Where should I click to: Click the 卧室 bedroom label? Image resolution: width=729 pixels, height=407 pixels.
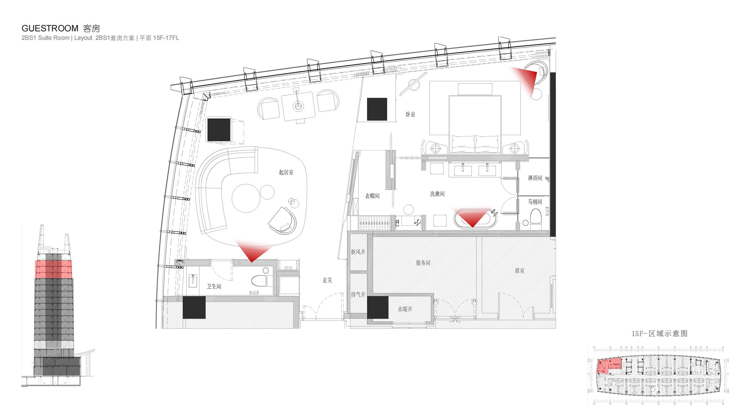tap(410, 115)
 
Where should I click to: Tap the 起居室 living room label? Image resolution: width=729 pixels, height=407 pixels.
tap(286, 172)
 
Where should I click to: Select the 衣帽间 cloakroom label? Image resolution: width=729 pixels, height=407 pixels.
tap(372, 196)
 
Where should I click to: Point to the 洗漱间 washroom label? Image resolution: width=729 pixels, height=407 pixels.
tap(437, 194)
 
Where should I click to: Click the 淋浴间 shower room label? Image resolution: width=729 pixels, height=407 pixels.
tap(535, 178)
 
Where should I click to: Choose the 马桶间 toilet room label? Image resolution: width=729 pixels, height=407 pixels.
tap(535, 202)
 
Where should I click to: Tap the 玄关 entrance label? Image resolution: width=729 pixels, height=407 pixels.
tap(327, 280)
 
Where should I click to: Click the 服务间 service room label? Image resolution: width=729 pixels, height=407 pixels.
tap(423, 263)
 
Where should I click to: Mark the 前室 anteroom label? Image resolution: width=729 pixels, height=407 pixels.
tap(519, 271)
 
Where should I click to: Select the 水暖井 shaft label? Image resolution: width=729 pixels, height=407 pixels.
tap(405, 309)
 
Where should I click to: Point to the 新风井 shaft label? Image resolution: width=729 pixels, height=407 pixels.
tap(358, 252)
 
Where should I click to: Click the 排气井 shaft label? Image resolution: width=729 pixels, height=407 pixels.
tap(358, 294)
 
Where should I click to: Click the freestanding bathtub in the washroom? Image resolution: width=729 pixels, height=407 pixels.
tap(475, 219)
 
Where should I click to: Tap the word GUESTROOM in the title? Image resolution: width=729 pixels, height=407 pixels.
tap(50, 28)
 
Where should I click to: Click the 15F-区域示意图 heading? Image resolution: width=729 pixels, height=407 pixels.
tap(659, 334)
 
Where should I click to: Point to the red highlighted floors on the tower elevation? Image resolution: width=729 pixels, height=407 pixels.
tap(53, 269)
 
